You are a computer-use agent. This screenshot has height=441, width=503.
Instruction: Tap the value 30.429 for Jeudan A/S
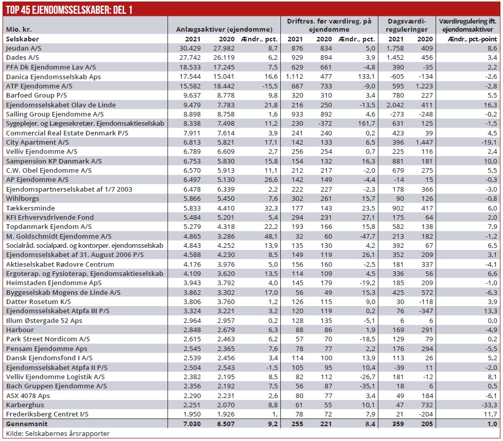[x=186, y=48]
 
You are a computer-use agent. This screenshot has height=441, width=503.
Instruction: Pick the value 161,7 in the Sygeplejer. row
[x=365, y=123]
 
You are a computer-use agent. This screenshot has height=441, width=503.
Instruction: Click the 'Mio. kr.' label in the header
[x=17, y=29]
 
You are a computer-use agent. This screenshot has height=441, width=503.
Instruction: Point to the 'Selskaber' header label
[x=22, y=39]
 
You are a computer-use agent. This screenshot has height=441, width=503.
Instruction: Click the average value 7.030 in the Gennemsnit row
[x=186, y=424]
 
